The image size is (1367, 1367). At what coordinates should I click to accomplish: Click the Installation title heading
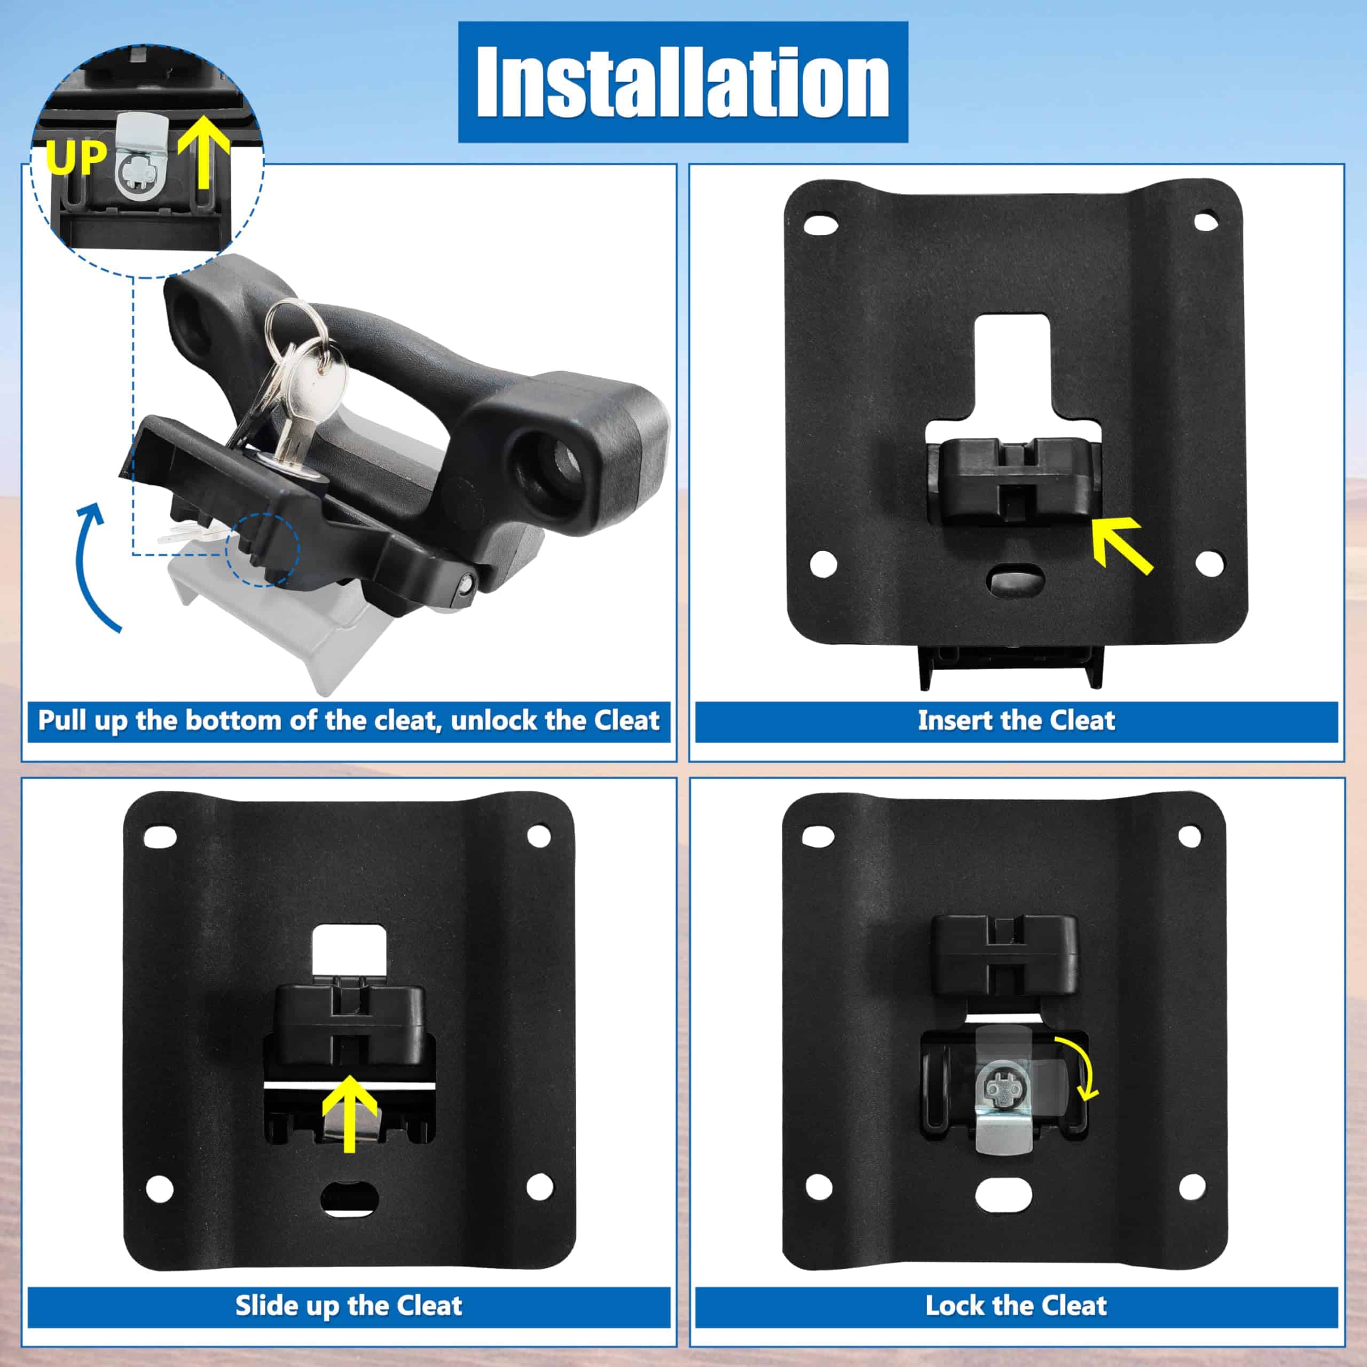point(683,82)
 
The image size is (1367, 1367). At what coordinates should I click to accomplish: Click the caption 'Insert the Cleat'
point(1016,720)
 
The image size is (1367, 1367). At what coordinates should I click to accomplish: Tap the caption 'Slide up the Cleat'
point(348,1306)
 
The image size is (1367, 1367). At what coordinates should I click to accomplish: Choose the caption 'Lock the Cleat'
point(1016,1306)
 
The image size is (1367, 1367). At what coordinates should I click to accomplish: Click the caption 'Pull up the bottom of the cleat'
point(348,720)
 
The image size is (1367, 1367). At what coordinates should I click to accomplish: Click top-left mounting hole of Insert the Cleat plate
point(821,225)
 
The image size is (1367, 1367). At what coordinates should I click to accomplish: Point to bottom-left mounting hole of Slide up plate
point(160,1189)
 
